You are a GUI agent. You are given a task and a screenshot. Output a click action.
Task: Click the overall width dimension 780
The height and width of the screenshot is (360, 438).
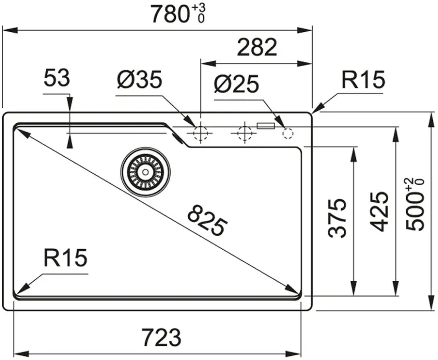tap(170, 14)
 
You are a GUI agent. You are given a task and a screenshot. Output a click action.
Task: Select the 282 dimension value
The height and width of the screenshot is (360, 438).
tap(256, 47)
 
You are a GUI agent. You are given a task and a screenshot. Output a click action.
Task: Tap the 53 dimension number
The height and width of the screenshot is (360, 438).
tap(57, 78)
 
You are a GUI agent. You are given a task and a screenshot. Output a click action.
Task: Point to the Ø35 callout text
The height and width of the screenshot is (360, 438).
tap(139, 80)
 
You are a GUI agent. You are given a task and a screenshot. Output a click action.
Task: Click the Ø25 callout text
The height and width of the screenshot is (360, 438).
tap(236, 83)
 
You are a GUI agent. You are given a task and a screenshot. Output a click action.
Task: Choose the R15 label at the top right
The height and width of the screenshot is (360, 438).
tap(363, 80)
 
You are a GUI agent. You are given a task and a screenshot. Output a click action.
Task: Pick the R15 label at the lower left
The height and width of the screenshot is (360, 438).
tap(66, 257)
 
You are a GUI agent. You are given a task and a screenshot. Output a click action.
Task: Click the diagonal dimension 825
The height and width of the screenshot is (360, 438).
tap(207, 220)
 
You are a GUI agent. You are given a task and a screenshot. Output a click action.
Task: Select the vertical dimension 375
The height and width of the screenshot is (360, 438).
tap(338, 218)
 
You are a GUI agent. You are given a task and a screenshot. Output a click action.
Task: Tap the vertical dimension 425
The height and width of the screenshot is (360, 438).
tap(379, 211)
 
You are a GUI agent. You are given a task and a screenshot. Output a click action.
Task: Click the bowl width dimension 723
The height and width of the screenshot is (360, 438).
tap(161, 337)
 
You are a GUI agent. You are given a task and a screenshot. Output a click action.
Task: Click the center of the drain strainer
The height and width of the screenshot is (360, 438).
tap(145, 172)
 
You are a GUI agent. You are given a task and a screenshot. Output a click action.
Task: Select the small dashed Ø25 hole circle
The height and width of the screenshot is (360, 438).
tap(288, 133)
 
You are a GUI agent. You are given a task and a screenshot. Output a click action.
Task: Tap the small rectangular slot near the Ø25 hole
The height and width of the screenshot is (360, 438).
tap(266, 126)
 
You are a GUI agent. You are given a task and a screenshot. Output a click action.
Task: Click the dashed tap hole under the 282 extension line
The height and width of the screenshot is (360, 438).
tap(201, 133)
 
